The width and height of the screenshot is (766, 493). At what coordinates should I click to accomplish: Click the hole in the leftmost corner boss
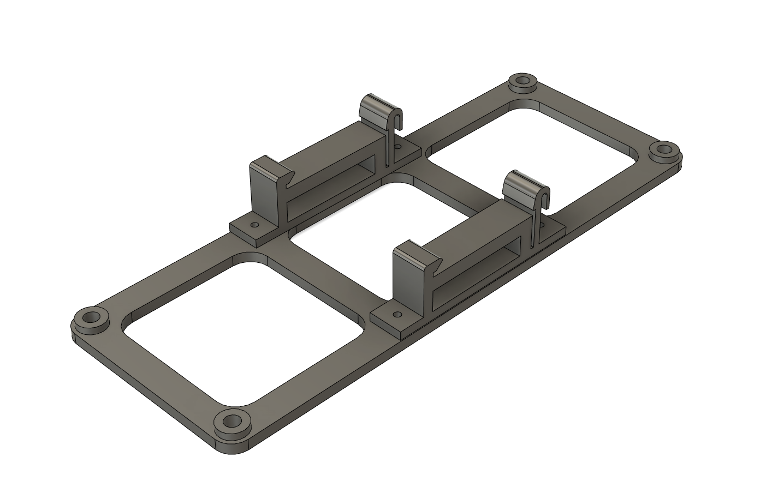coord(89,317)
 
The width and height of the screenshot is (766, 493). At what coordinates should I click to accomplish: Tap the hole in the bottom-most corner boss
coord(233,421)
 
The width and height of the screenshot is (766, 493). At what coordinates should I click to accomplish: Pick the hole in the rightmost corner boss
coord(665,149)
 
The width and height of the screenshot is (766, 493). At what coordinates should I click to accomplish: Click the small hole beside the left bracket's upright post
coord(253,224)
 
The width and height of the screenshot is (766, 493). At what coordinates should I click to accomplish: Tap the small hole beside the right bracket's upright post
coord(397,315)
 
